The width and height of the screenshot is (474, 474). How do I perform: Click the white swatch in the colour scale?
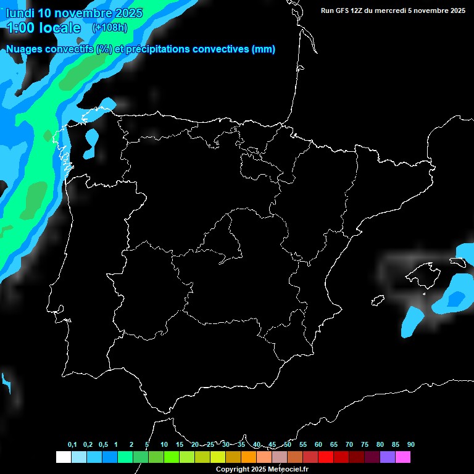63,457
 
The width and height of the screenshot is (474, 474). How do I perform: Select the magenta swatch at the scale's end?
403,457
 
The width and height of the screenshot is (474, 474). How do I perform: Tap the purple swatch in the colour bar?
388,457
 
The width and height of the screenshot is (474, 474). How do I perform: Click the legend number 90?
410,444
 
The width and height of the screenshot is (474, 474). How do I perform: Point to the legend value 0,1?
72,444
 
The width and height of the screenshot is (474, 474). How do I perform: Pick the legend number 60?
318,444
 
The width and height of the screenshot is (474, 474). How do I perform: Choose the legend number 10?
164,444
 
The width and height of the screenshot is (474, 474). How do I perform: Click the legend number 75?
365,444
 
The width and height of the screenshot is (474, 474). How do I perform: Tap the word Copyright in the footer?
231,470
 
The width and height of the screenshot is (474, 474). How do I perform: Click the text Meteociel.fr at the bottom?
288,470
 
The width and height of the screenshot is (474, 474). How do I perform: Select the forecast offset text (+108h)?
109,28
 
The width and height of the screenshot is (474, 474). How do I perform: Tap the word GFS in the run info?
342,10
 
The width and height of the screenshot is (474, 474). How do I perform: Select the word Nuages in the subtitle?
24,49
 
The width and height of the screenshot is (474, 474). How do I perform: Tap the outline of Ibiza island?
378,301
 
